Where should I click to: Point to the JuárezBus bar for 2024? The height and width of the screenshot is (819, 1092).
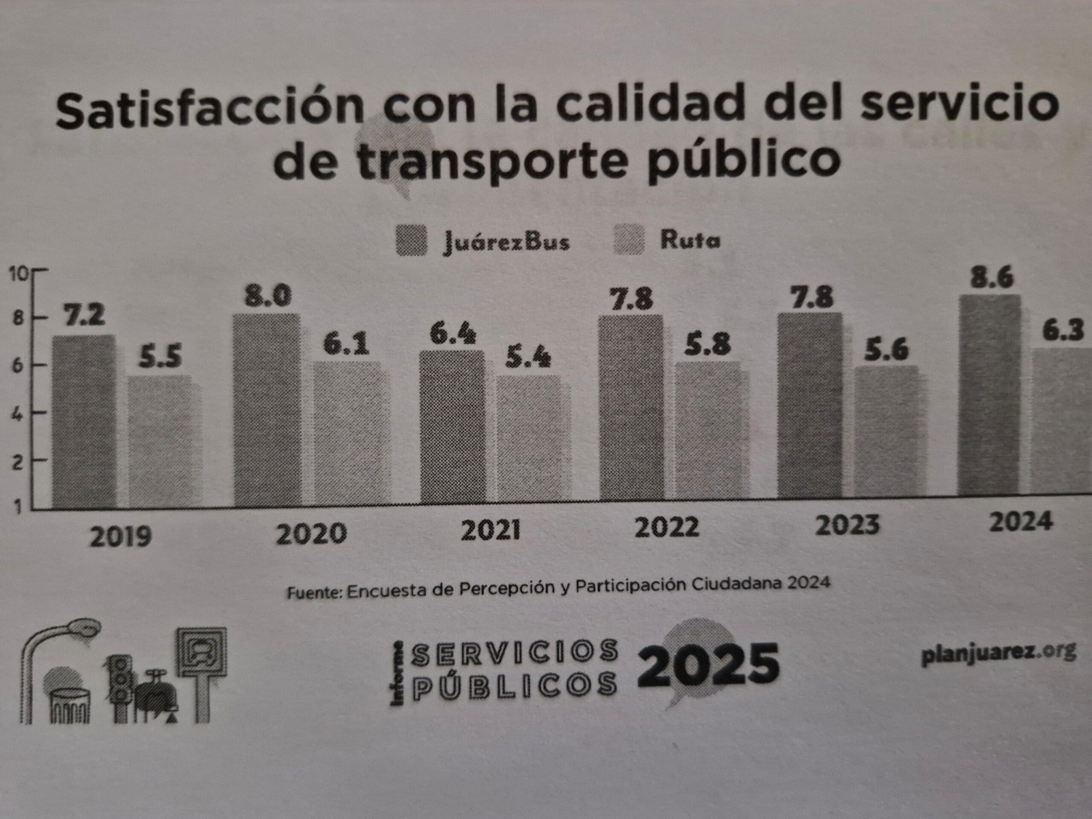tap(989, 396)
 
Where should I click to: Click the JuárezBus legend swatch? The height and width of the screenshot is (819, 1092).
tap(411, 240)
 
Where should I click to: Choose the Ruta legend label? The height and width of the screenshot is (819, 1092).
tap(689, 240)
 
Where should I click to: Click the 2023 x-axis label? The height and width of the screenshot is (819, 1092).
tap(848, 526)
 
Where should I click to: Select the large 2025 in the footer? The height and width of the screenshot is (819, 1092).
tap(708, 665)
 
